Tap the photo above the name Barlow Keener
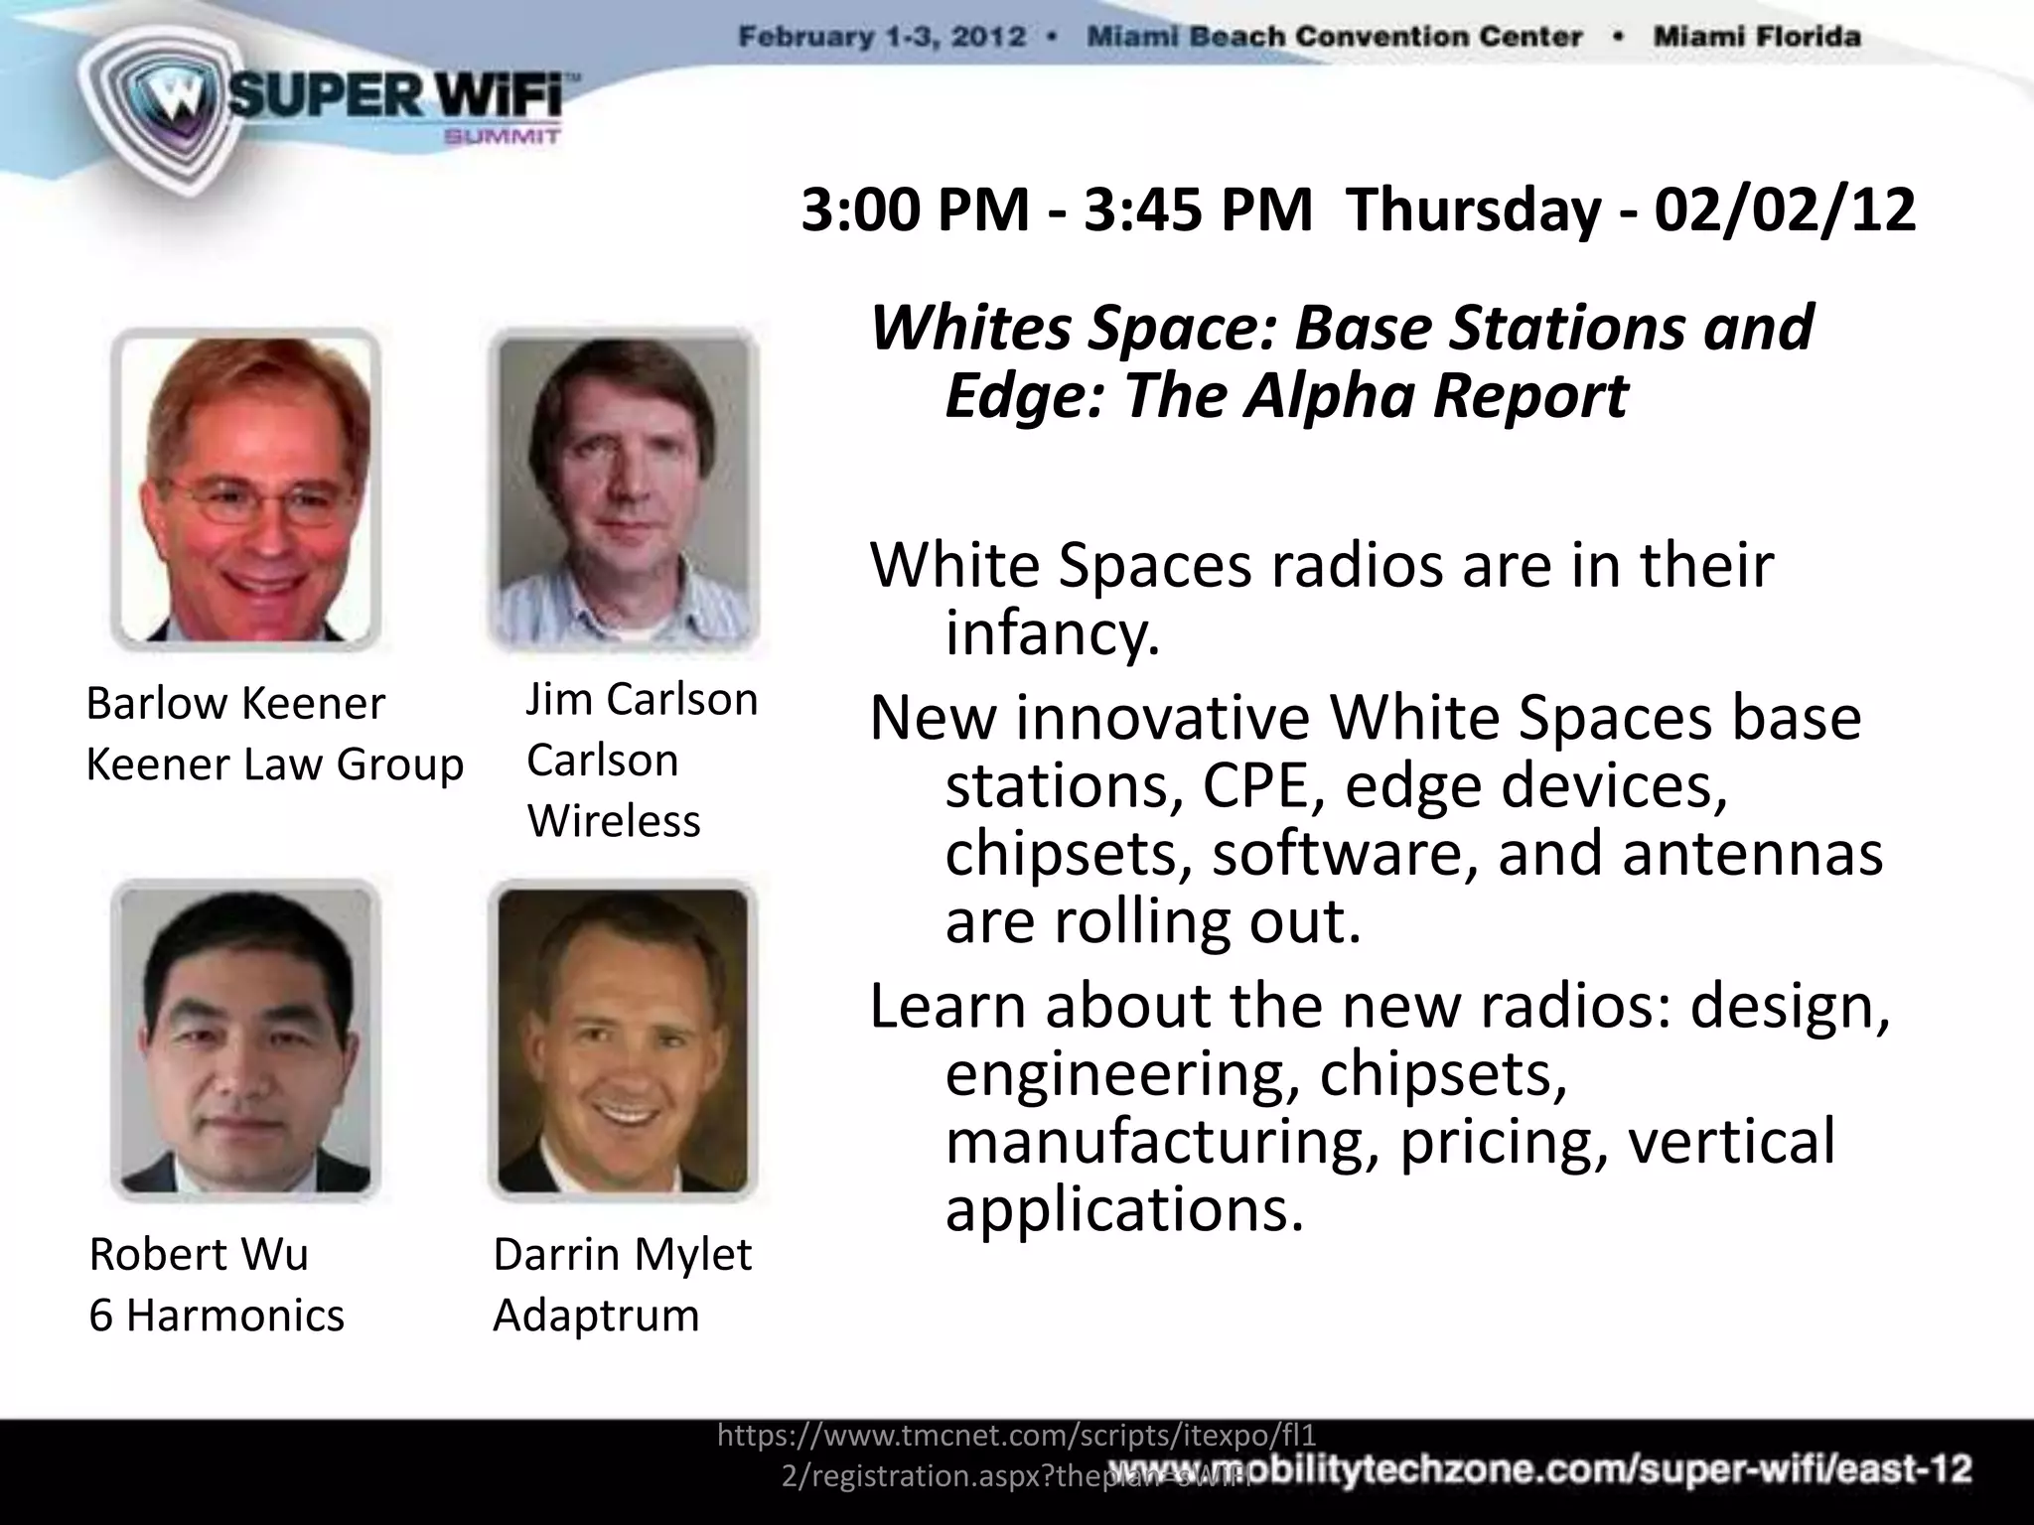tap(245, 489)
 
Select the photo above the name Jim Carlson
tap(623, 490)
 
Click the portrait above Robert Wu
tap(245, 1040)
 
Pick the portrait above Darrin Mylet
tap(623, 1040)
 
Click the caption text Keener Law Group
tap(275, 764)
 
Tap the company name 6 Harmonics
tap(217, 1316)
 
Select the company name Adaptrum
tap(596, 1316)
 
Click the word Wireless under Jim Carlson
tap(613, 821)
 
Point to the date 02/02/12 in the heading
tap(1784, 210)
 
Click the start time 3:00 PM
tap(915, 210)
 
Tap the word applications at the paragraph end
tap(1122, 1209)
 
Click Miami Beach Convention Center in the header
tap(1334, 38)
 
